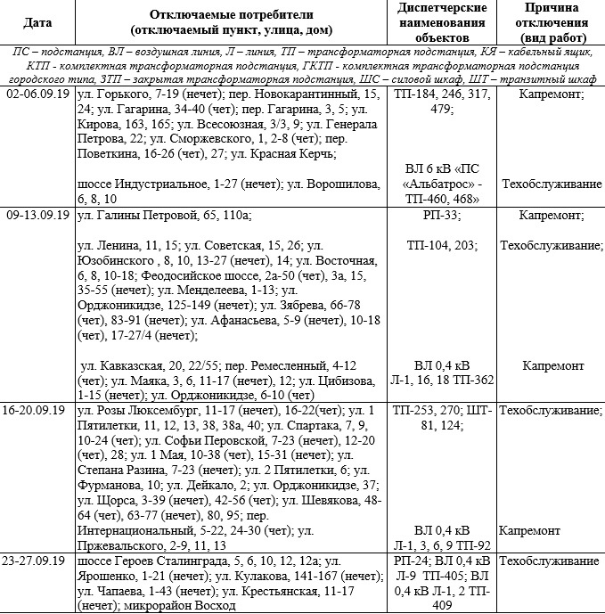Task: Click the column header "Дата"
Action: click(x=37, y=20)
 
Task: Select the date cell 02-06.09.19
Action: click(x=37, y=94)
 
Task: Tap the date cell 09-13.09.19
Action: click(x=37, y=216)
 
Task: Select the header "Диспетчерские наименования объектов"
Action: click(x=440, y=20)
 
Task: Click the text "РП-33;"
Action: click(x=439, y=216)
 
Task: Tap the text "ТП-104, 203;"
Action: click(x=441, y=245)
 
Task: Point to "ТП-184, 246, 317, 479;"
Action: click(x=439, y=101)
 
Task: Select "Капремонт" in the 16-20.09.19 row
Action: click(x=529, y=531)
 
